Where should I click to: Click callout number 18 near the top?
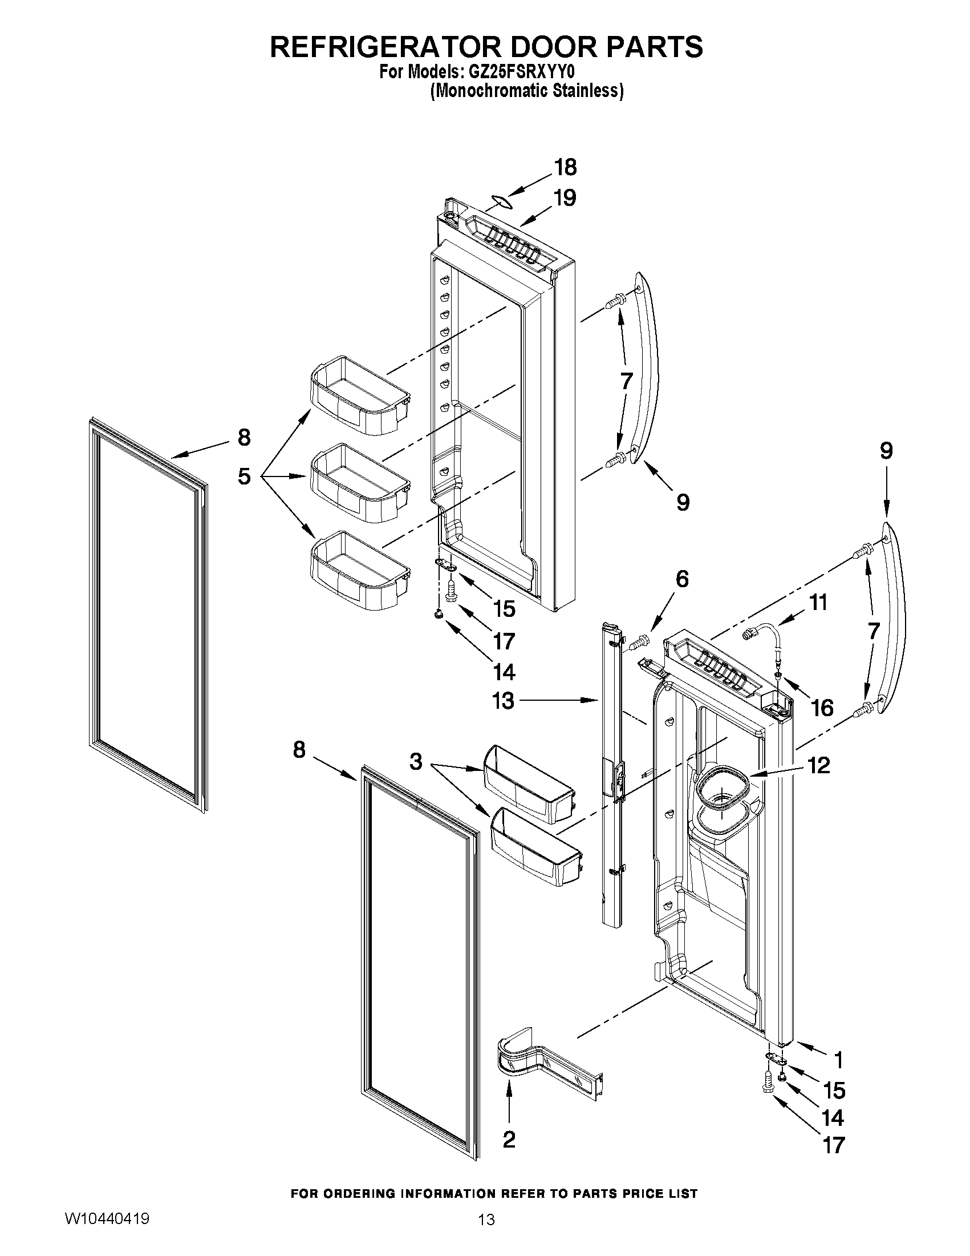(x=565, y=167)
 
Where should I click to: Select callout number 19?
(x=565, y=198)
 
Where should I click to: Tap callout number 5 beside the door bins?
(x=244, y=476)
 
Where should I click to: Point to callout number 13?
(x=503, y=700)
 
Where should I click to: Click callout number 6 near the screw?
(x=681, y=579)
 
